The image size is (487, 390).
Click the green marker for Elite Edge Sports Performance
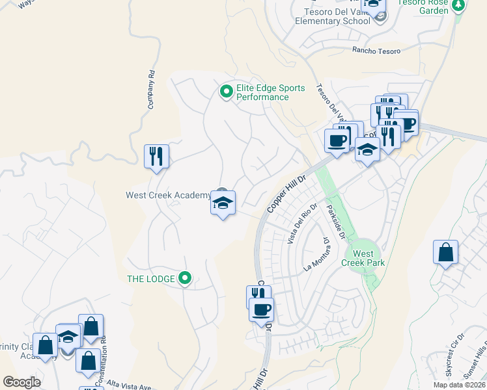point(226,91)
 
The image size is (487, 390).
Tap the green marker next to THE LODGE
point(186,279)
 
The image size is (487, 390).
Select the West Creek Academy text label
point(168,195)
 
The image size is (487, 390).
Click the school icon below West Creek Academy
point(223,203)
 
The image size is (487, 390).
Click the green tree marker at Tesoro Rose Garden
point(459,5)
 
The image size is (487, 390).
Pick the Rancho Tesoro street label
point(374,50)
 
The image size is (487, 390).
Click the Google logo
point(21,382)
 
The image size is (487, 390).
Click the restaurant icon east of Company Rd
point(156,156)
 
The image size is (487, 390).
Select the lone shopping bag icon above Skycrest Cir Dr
point(445,252)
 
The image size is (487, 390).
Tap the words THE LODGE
point(150,279)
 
